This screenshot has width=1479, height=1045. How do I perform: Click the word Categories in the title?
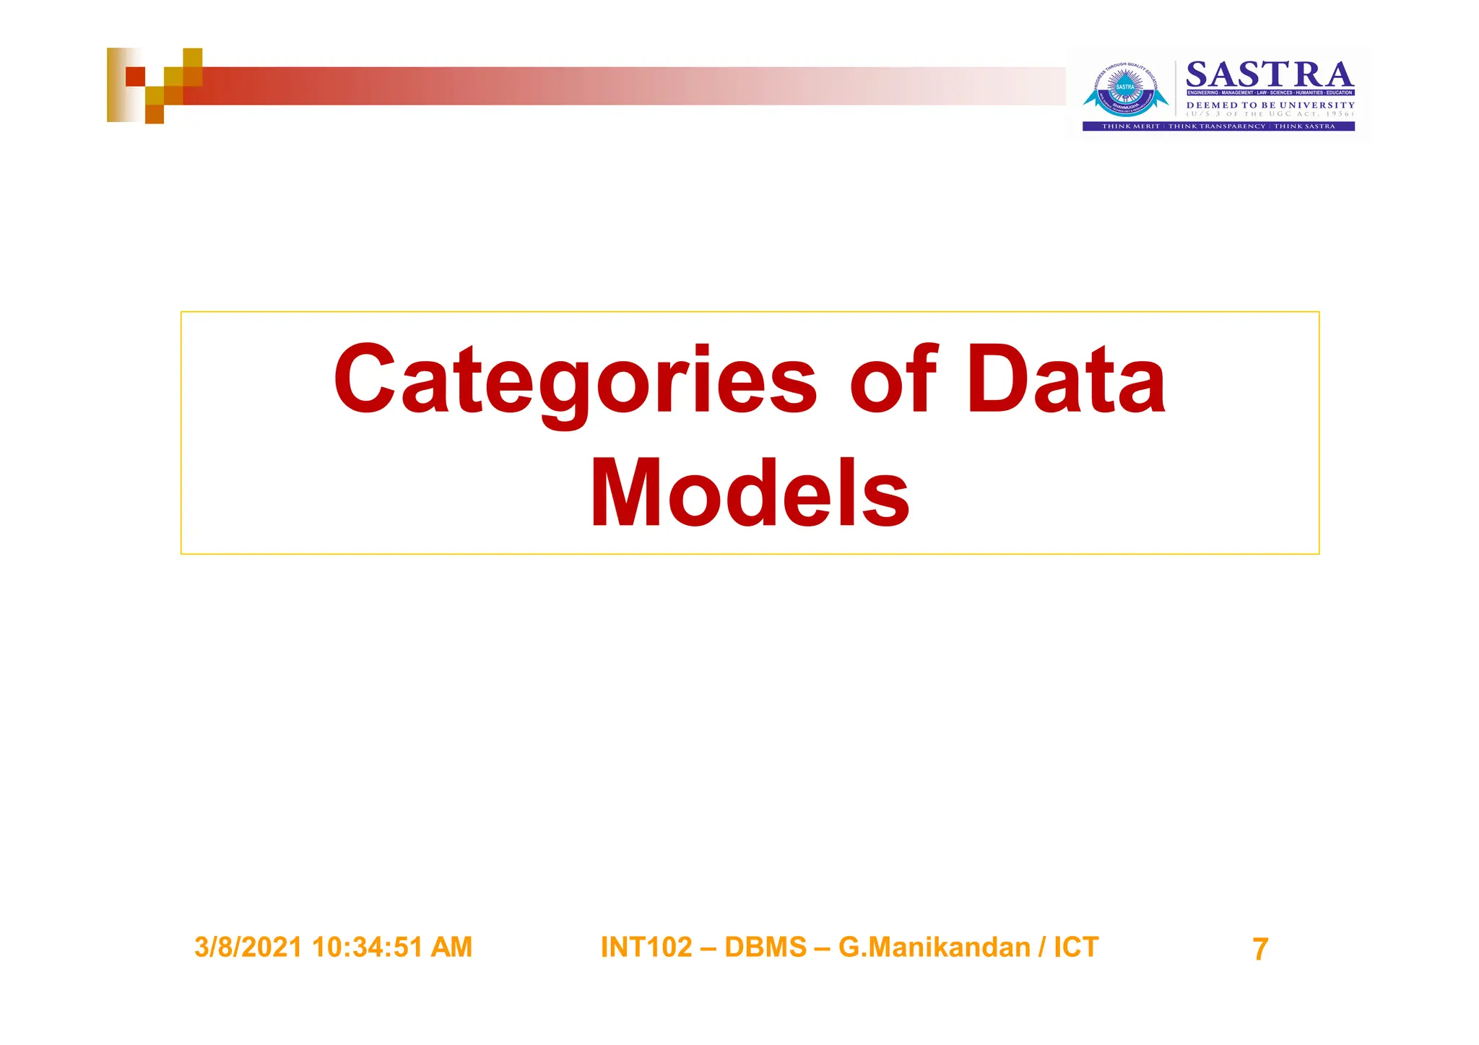[574, 381]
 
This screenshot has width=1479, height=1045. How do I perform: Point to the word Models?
[750, 495]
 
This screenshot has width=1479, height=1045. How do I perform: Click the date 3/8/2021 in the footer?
[248, 947]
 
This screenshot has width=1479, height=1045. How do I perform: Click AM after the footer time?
[451, 947]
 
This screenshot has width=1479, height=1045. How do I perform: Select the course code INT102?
[646, 947]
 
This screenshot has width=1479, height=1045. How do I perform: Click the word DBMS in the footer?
[765, 947]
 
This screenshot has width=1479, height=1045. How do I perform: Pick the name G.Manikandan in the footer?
[934, 947]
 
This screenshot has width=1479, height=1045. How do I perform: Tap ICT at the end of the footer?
[1076, 947]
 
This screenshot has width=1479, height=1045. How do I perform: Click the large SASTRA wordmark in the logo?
[1270, 75]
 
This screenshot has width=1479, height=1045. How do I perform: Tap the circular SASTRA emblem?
[1125, 90]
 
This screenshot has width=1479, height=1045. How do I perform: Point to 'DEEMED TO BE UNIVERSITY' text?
[1270, 105]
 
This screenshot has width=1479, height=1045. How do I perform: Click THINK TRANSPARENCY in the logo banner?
[1217, 126]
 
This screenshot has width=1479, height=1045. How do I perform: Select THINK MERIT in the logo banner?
[1130, 126]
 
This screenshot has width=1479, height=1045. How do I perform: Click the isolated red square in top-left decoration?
[135, 77]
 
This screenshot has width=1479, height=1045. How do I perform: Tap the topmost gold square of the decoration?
[193, 57]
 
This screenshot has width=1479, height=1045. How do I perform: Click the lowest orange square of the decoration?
[155, 114]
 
